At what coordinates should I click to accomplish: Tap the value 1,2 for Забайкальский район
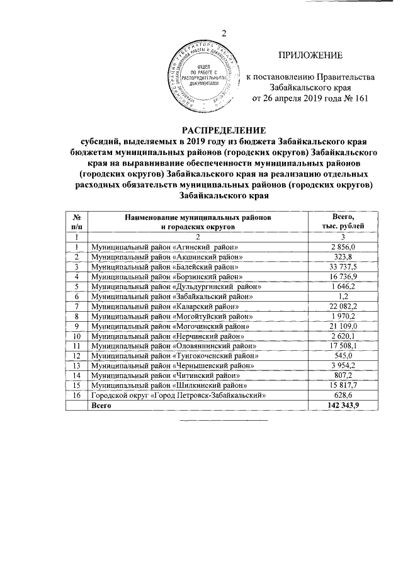344,296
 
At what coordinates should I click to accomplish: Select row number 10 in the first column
76,336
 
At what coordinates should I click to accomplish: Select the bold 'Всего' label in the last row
101,406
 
